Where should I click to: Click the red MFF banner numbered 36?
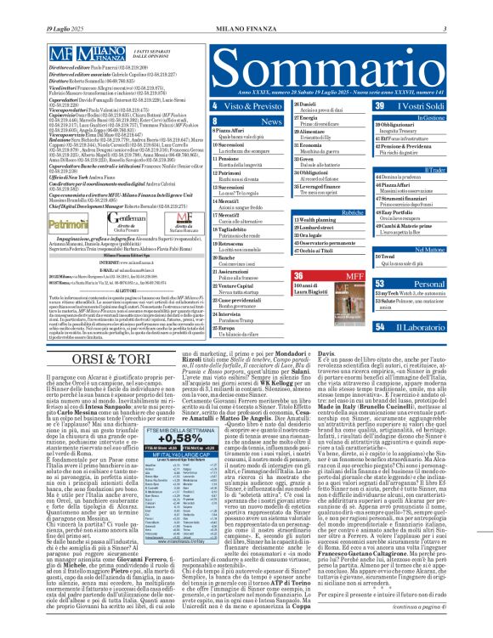pyautogui.click(x=323, y=276)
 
